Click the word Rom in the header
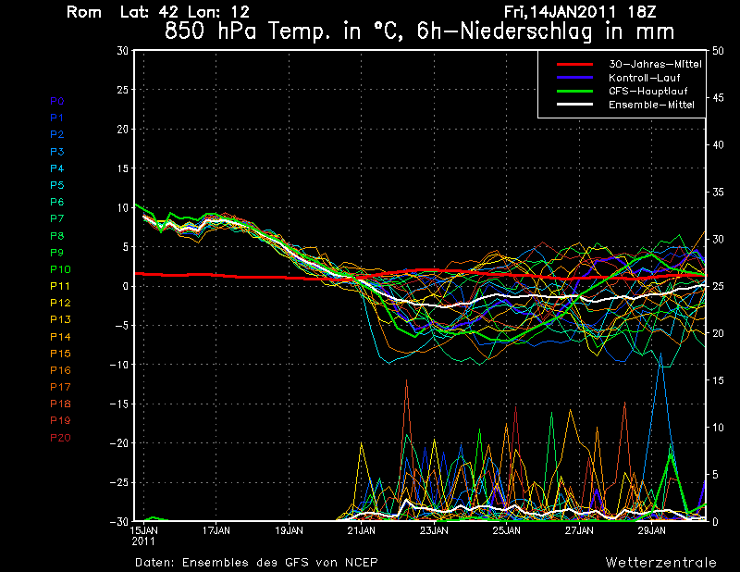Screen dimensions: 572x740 [84, 12]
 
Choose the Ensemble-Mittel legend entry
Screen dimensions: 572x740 [651, 106]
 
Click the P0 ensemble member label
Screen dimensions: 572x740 [56, 101]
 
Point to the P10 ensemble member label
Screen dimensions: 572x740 [59, 269]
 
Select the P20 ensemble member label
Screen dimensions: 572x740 [59, 437]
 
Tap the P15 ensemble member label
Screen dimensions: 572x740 [59, 354]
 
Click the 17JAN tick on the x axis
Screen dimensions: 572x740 [216, 532]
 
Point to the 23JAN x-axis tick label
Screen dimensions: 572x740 [434, 532]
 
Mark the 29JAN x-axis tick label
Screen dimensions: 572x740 [652, 532]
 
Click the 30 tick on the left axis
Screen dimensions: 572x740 [122, 51]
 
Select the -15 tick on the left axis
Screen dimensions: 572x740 [119, 404]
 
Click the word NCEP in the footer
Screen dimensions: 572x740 [361, 562]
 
